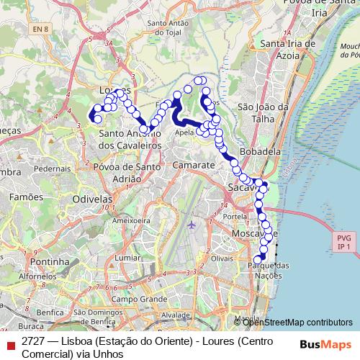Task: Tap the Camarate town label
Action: pyautogui.click(x=194, y=165)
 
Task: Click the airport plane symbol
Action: pyautogui.click(x=192, y=225)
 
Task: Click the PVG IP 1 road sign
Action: pyautogui.click(x=343, y=242)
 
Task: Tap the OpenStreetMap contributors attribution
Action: pyautogui.click(x=297, y=322)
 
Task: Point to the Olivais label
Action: pyautogui.click(x=222, y=257)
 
